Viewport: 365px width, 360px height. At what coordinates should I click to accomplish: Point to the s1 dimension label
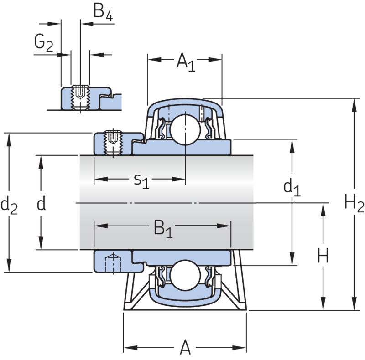pos(142,180)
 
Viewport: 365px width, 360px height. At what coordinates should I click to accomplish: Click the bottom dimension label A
pos(185,349)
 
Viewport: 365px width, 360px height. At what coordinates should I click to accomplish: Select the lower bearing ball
pos(185,273)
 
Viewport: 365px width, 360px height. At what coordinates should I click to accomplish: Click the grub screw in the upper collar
pos(112,143)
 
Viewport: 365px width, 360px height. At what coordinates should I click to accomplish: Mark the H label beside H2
pos(323,257)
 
